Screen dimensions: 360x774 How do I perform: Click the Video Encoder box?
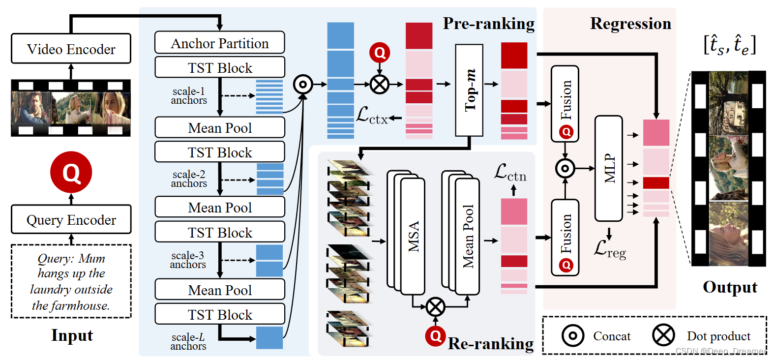(71, 49)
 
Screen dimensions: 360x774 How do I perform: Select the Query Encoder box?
(71, 219)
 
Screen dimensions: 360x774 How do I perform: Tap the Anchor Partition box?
(219, 43)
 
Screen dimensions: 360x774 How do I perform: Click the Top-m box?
(469, 90)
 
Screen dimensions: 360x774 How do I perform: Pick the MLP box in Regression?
(609, 168)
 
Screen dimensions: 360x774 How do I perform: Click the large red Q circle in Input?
(71, 173)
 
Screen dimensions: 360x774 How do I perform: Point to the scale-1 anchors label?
(189, 96)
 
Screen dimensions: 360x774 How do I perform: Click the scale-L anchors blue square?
(269, 338)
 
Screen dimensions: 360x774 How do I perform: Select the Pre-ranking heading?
(488, 24)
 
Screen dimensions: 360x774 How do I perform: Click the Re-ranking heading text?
(490, 343)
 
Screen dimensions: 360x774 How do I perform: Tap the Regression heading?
(630, 24)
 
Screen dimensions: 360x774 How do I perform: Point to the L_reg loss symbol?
(609, 249)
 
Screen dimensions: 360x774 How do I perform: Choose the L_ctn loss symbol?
(510, 173)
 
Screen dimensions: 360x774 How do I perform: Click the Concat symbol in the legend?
(572, 336)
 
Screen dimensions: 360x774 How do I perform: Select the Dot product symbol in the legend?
(663, 335)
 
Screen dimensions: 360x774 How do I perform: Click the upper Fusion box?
(565, 103)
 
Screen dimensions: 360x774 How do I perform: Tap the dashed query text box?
(71, 281)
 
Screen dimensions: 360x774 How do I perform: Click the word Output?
(730, 287)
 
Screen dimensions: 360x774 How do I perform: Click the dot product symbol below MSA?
(435, 307)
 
